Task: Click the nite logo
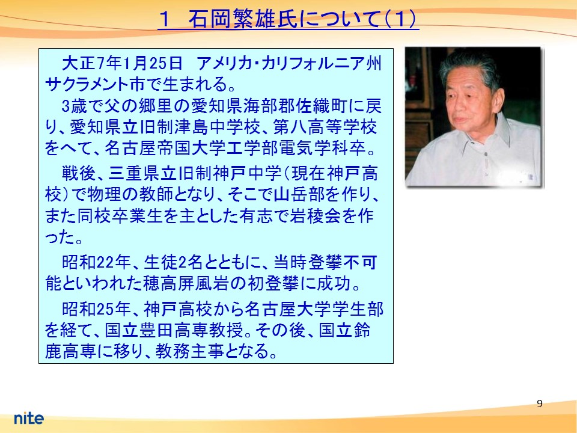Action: [x=29, y=418]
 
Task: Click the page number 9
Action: [x=540, y=404]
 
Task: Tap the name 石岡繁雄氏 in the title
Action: [x=243, y=19]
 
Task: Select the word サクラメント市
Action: [x=94, y=84]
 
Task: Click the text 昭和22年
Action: [x=96, y=262]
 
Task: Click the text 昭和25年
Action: [x=96, y=309]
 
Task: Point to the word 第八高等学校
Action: [x=325, y=127]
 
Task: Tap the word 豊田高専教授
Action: [x=191, y=330]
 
